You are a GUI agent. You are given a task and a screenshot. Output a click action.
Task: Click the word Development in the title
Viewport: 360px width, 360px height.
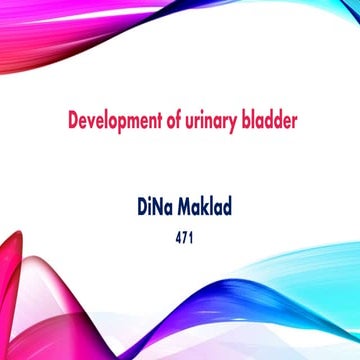coord(110,122)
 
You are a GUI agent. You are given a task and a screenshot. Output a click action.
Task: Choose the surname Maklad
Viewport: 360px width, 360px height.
coord(212,208)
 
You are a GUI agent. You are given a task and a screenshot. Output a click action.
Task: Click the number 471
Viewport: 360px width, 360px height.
coord(181,240)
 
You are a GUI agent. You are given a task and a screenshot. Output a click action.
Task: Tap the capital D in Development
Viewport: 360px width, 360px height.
coord(72,122)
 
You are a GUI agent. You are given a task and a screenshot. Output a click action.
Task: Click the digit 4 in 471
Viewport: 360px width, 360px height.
coord(174,240)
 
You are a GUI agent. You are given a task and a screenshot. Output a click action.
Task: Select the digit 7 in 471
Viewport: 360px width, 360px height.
coord(181,240)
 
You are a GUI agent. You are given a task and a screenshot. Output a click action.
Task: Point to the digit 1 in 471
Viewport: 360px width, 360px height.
coord(188,240)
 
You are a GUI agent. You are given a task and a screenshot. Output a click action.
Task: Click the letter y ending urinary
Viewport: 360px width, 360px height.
coord(233,125)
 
